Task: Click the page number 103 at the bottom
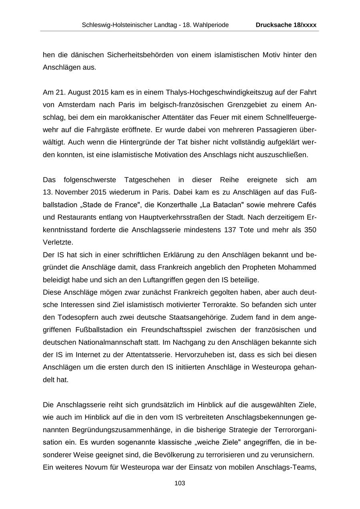click(x=180, y=483)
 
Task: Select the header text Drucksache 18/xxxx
click(x=286, y=25)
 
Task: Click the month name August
click(x=80, y=92)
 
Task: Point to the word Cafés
click(x=306, y=205)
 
